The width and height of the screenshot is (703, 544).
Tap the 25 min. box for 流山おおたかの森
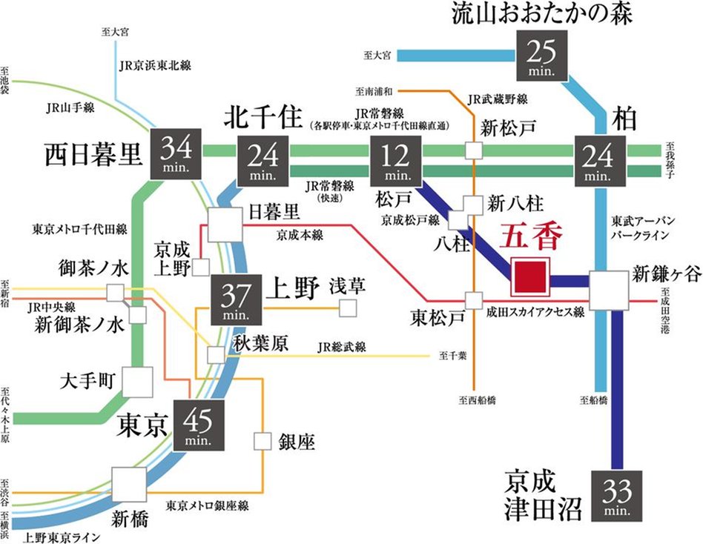click(540, 55)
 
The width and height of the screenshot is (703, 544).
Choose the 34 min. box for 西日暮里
click(176, 153)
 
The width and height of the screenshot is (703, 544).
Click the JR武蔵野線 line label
click(498, 99)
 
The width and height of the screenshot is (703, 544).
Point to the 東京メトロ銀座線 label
click(207, 505)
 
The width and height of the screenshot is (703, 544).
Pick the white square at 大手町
click(137, 382)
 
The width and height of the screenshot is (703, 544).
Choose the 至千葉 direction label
click(452, 356)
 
